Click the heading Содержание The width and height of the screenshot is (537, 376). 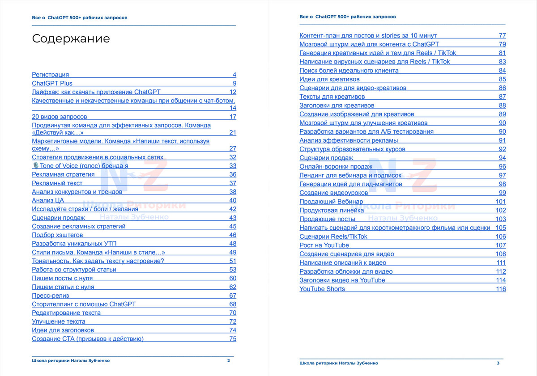pos(71,39)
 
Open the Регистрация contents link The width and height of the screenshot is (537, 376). pos(51,75)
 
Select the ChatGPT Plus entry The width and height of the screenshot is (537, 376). pos(52,83)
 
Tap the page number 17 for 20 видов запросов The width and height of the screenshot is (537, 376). pos(233,117)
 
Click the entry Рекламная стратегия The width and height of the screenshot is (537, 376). pos(63,174)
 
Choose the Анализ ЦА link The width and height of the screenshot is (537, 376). pos(48,200)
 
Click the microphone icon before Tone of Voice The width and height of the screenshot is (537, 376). pos(35,165)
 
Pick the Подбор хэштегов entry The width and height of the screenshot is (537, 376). pos(57,235)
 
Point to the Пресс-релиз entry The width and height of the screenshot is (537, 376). pos(51,296)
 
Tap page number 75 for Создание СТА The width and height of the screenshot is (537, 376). pos(233,339)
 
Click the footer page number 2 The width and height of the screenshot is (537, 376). pos(229,360)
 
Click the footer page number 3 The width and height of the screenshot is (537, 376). pos(498,363)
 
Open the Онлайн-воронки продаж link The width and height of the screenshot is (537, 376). pos(336,166)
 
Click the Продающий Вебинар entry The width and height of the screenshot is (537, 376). pos(331,202)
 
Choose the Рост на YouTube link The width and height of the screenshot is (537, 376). pos(324,245)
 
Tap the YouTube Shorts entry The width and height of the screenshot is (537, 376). pos(322,289)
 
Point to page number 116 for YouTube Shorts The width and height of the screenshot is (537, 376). pos(501,289)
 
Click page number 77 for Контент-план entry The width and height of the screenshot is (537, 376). pos(502,35)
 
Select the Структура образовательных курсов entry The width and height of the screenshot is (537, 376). pos(352,149)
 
